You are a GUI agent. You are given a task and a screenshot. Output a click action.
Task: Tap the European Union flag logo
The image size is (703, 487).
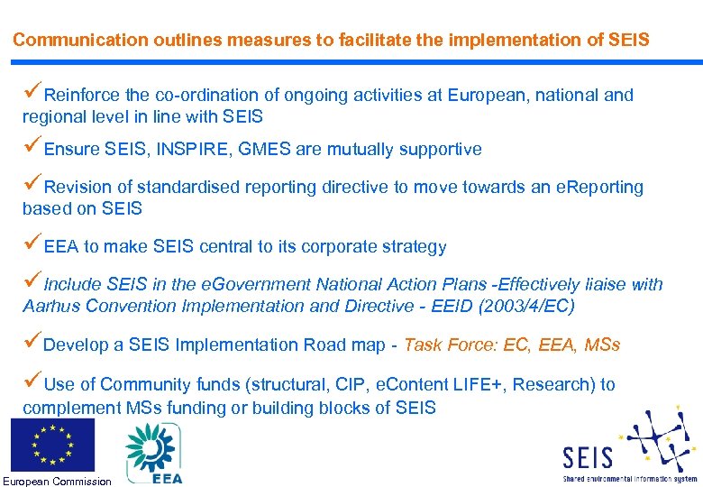(x=52, y=445)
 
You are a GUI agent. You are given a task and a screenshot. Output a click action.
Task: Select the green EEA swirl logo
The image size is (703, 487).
(x=152, y=447)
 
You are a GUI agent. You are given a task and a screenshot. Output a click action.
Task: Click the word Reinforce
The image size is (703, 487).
(x=83, y=96)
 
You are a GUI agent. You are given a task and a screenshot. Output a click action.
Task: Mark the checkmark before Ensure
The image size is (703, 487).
(x=32, y=147)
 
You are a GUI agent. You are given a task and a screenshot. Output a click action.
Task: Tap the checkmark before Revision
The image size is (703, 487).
(x=32, y=185)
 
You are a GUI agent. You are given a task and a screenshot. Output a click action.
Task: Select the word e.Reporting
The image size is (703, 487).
(x=599, y=188)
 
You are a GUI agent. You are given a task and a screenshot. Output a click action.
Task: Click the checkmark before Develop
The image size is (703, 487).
(x=32, y=343)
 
